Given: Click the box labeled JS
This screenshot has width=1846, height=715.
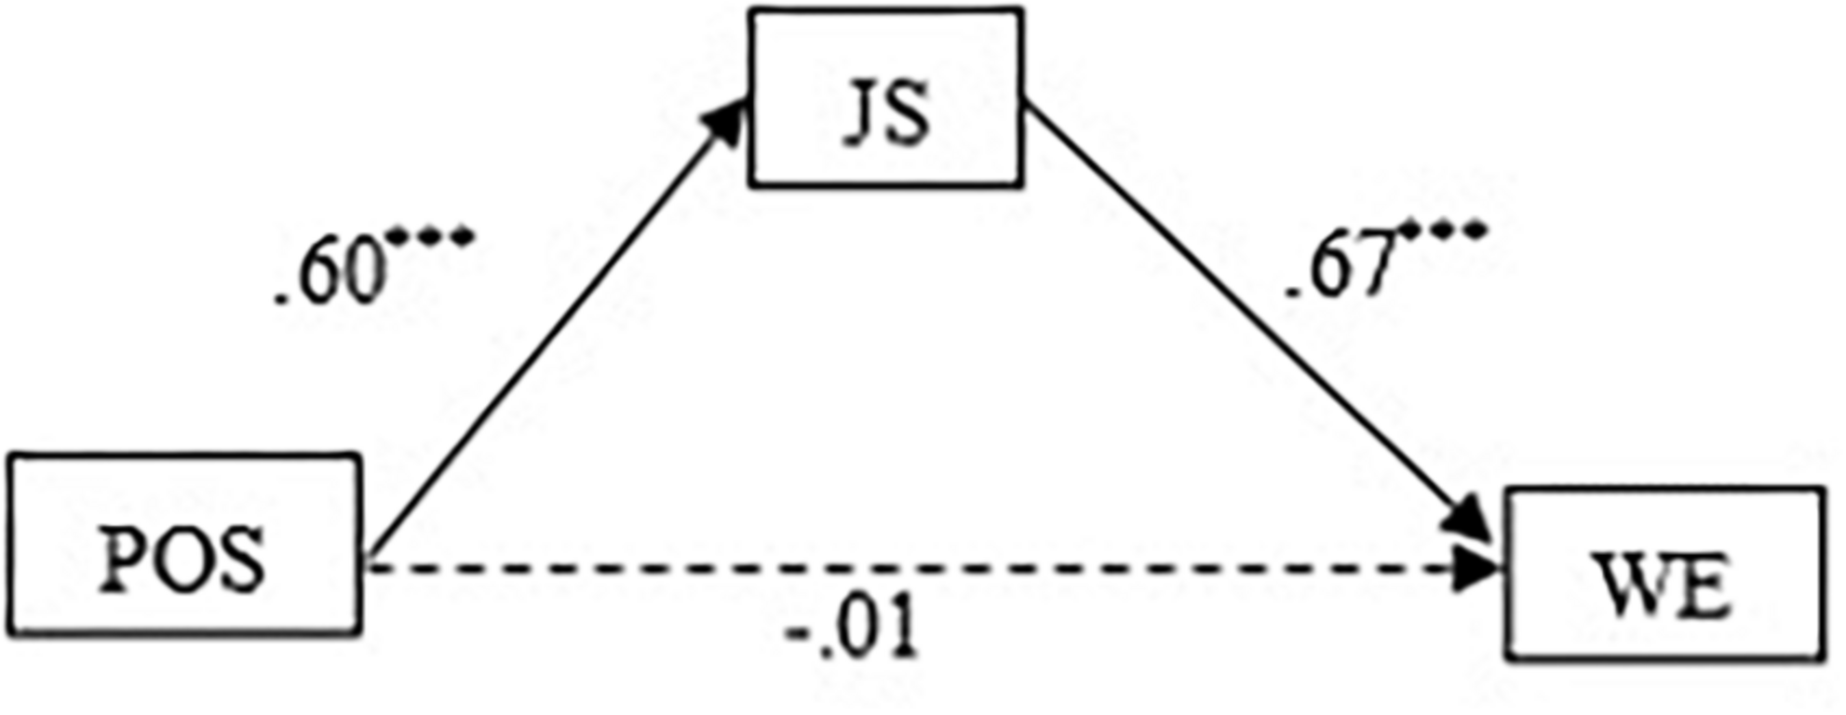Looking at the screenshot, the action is pyautogui.click(x=885, y=98).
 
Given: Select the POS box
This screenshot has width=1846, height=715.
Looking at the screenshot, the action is pyautogui.click(x=183, y=545).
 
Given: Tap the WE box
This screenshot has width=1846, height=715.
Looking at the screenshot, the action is pyautogui.click(x=1664, y=574).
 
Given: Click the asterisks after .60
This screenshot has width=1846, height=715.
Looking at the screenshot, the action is pyautogui.click(x=433, y=237).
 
